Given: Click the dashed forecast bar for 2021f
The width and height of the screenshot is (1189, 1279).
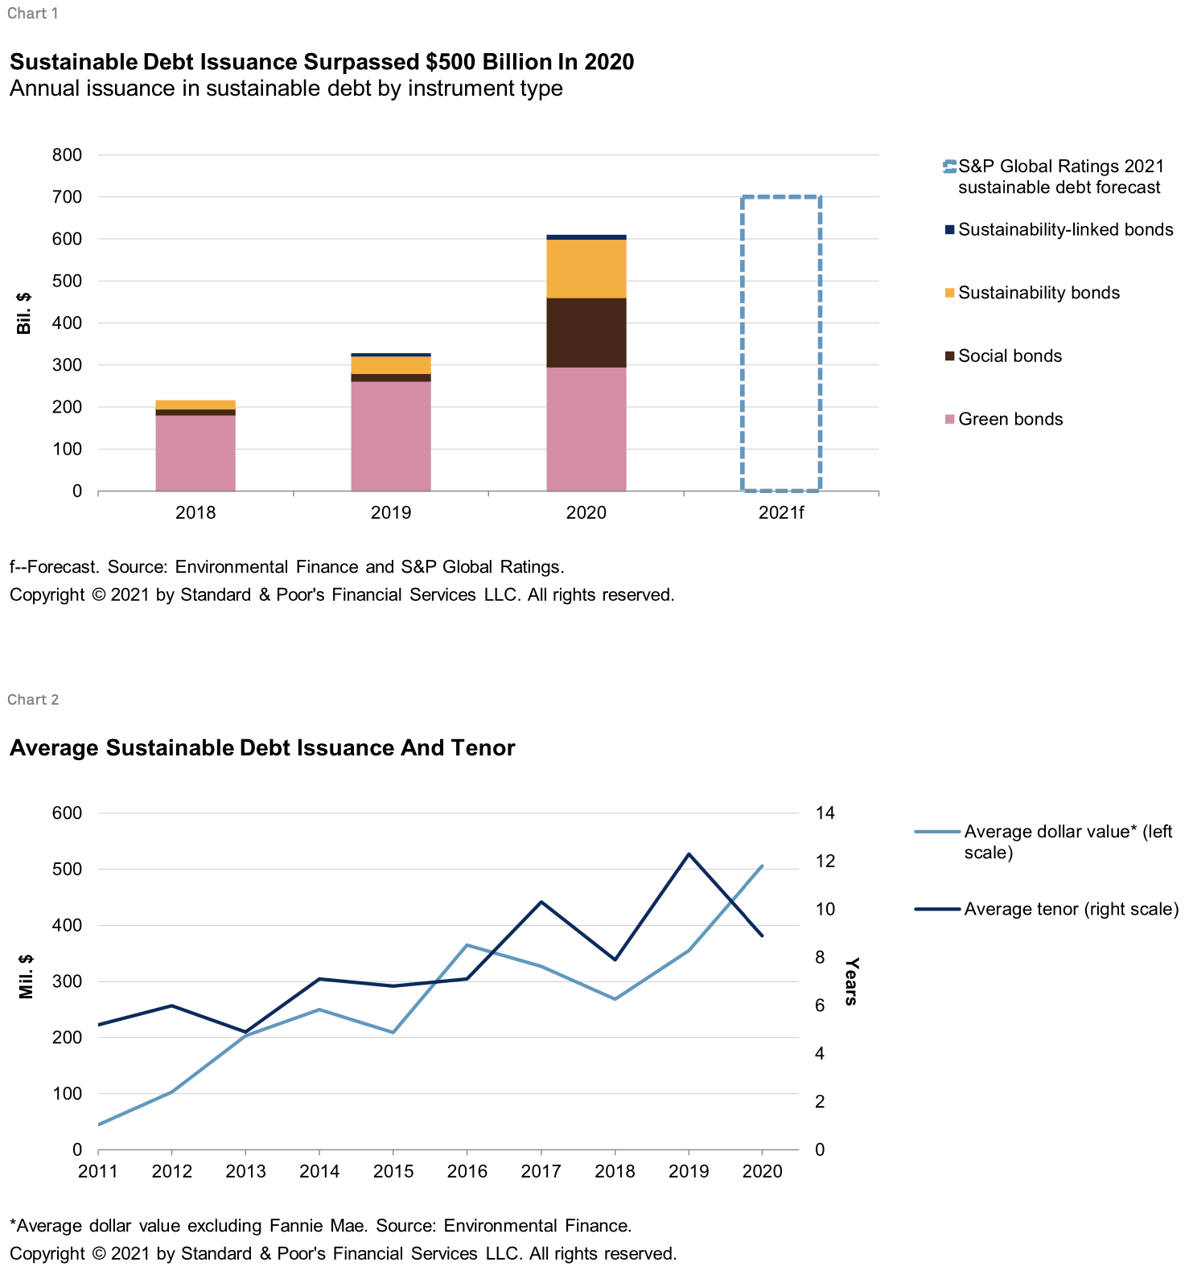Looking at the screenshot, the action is pos(742,343).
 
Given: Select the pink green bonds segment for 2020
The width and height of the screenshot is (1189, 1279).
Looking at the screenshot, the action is pos(586,429).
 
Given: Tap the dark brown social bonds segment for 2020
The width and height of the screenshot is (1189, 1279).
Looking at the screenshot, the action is pos(586,333).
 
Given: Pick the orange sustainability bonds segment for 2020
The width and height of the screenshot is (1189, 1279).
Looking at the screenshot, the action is pos(586,269).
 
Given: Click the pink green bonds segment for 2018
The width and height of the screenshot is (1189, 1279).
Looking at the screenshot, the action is pos(195,453).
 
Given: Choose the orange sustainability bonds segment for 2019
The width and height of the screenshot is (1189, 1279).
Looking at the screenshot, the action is pos(391,365).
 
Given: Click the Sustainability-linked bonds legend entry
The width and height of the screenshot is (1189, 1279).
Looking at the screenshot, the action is pos(1059,229).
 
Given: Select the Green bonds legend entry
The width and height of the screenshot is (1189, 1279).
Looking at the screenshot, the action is pos(1004,419).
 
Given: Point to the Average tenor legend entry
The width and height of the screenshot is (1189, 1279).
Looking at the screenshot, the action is pos(1047,909).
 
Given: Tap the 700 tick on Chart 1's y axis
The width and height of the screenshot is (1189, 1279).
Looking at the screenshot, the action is pos(67,197).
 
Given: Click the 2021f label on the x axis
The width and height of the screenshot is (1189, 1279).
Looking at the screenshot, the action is pos(781,513).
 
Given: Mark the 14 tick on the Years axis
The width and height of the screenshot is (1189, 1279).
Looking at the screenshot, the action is pos(825,812).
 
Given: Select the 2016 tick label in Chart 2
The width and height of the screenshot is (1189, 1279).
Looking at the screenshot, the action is pos(467,1171).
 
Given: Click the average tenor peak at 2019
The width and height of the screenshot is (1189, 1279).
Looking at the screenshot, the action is pos(689,853).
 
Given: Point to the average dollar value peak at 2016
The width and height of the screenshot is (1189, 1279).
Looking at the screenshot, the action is pos(467,945).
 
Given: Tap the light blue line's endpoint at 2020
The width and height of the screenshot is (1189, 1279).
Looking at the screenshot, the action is pos(763,866).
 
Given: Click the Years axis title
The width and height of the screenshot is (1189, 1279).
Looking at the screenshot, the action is pos(851,981).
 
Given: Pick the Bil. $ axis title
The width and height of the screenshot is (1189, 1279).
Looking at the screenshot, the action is pos(24,313).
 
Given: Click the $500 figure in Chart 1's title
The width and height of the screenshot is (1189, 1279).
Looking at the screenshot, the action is pos(451,62).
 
